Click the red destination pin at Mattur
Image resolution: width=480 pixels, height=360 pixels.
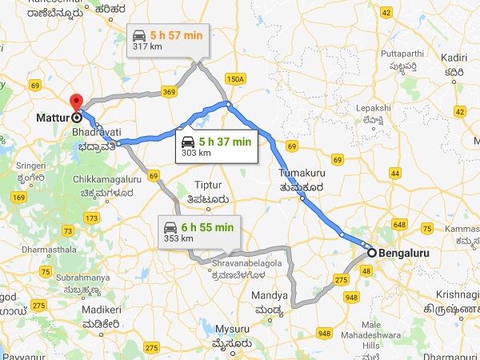point(77,103)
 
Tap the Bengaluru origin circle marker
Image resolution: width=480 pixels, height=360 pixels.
point(371,253)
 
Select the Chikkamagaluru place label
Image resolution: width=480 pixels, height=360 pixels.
point(111,186)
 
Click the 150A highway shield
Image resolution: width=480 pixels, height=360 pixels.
point(235,79)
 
